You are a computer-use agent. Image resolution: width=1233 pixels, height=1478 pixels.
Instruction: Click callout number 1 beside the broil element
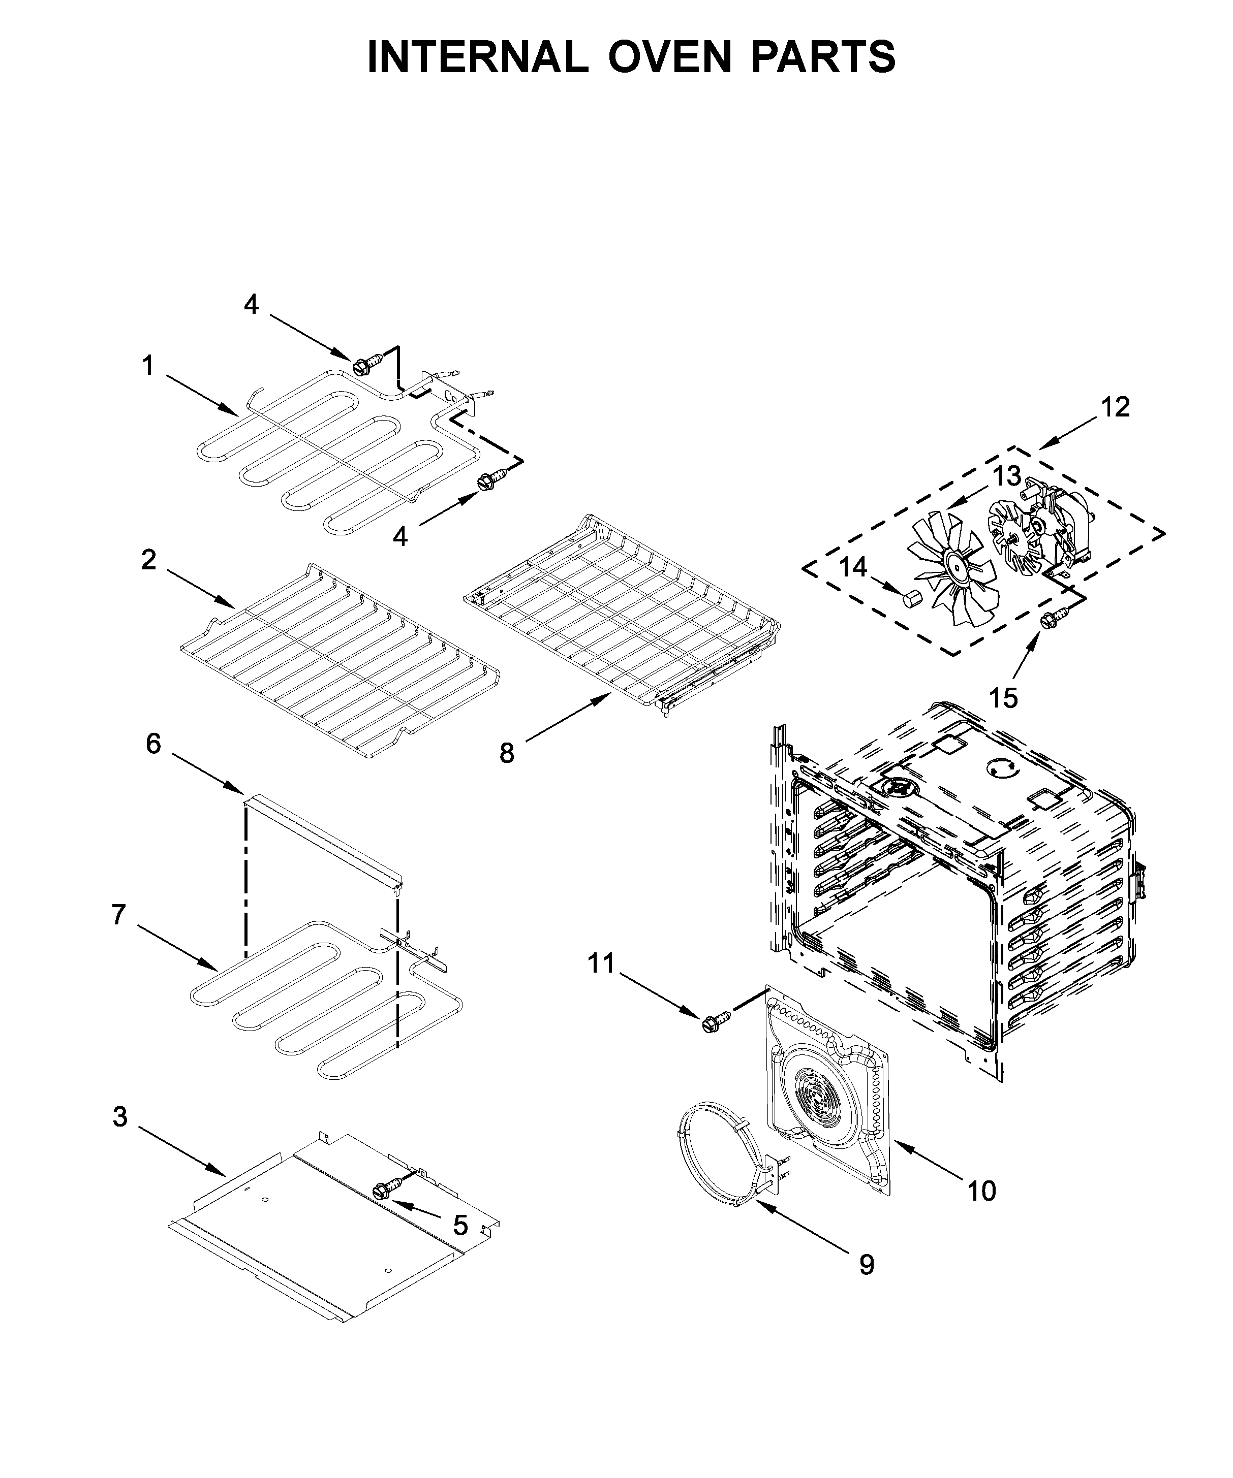pos(148,366)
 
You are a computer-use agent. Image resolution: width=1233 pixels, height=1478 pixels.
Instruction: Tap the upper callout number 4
pos(252,305)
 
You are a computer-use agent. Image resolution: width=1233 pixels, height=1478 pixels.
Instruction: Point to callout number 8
pos(506,754)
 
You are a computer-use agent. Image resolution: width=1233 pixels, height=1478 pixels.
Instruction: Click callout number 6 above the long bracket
pos(153,744)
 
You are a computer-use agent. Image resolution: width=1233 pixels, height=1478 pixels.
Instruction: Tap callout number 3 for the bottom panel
pos(120,1117)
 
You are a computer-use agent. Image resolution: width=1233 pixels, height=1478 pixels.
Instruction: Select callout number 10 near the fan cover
pos(981,1192)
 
